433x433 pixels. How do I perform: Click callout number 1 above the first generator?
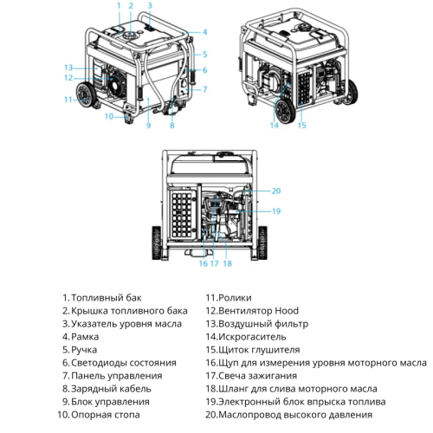coord(119,6)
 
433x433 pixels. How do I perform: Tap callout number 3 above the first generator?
coord(149,6)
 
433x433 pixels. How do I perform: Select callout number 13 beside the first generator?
coord(67,67)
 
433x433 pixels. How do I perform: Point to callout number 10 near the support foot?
coord(109,115)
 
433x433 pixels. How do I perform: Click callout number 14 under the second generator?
coord(275,126)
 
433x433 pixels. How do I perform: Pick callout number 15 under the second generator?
coord(302,126)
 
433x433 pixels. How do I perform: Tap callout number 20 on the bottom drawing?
coord(276,191)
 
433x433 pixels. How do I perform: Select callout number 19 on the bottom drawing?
coord(276,210)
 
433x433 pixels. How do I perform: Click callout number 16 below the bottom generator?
coord(203,263)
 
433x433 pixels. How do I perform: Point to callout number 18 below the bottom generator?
coord(227,263)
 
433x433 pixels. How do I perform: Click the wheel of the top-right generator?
coord(285,111)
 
